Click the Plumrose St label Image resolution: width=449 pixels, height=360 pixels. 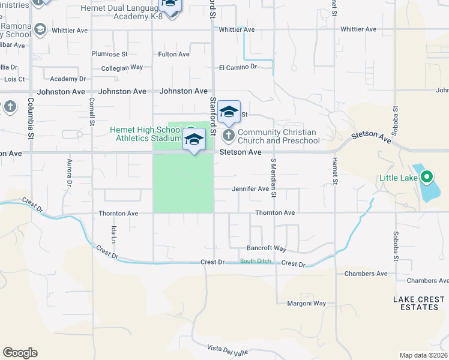point(110,54)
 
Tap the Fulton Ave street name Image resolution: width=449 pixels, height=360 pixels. point(173,54)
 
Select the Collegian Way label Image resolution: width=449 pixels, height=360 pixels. point(122,68)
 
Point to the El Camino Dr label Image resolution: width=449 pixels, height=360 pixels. point(238,67)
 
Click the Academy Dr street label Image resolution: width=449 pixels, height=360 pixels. point(68,79)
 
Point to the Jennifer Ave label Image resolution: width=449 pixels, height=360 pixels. point(250,189)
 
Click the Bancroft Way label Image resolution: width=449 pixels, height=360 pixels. point(267,248)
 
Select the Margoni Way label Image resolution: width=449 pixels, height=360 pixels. point(306,304)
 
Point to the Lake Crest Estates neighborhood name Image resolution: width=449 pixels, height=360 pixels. point(416,303)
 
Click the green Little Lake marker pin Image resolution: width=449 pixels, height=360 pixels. point(427,177)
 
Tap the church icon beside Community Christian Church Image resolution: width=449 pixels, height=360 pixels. point(229,134)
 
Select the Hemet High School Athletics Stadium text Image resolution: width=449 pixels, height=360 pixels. point(145,134)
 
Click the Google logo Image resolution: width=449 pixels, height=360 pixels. point(20,353)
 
